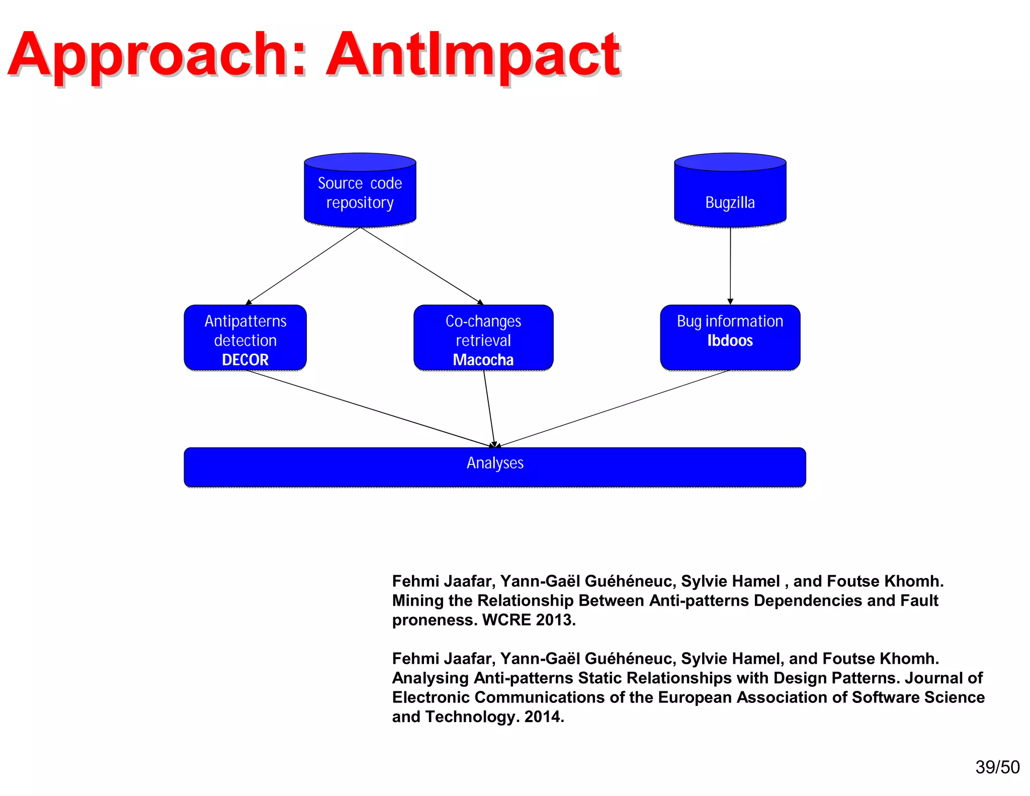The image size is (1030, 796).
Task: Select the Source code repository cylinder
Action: tap(360, 191)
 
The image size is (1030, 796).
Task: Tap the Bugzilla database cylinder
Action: tap(730, 191)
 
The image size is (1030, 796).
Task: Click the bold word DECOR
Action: tap(245, 360)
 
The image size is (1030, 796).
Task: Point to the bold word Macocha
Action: tap(483, 360)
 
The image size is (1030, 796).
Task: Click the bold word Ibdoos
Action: tap(730, 341)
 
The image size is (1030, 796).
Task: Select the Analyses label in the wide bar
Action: tap(495, 463)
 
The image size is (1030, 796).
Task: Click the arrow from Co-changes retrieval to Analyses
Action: tap(489, 409)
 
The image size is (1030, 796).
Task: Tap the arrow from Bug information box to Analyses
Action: tap(614, 409)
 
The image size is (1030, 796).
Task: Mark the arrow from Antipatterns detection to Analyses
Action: tap(370, 409)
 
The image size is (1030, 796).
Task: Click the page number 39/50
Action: tap(997, 767)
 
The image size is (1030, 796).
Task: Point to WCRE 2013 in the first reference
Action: tap(528, 620)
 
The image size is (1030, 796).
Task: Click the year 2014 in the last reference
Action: tap(543, 717)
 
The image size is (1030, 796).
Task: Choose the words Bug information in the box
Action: tap(730, 321)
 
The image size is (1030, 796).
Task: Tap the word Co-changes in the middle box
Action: tap(483, 321)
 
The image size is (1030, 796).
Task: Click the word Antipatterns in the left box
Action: tap(245, 321)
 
